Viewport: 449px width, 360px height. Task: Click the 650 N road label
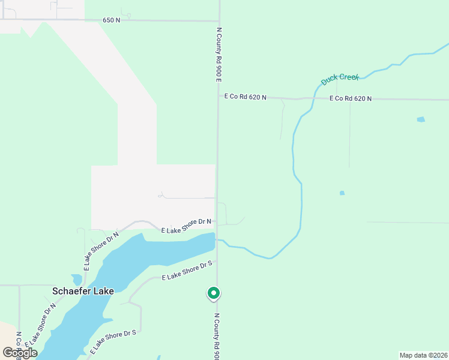pos(110,20)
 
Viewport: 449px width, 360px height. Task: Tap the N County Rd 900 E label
pos(219,55)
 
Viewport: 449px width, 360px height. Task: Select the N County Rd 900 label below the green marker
pos(217,336)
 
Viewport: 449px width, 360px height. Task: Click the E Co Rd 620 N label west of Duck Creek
pos(245,96)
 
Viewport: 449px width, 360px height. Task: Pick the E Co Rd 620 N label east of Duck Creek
pos(350,98)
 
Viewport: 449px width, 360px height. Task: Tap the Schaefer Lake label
pos(83,291)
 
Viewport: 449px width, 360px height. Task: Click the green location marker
pos(213,293)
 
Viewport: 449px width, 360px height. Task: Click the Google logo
pos(20,353)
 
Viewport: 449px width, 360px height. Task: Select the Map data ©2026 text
pos(423,355)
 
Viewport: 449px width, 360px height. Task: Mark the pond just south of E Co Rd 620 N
pos(421,119)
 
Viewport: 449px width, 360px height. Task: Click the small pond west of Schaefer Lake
pos(76,280)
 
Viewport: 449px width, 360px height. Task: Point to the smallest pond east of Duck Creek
pos(342,193)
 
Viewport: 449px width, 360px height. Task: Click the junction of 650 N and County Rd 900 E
pos(219,22)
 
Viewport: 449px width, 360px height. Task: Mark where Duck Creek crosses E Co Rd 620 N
pos(313,98)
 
